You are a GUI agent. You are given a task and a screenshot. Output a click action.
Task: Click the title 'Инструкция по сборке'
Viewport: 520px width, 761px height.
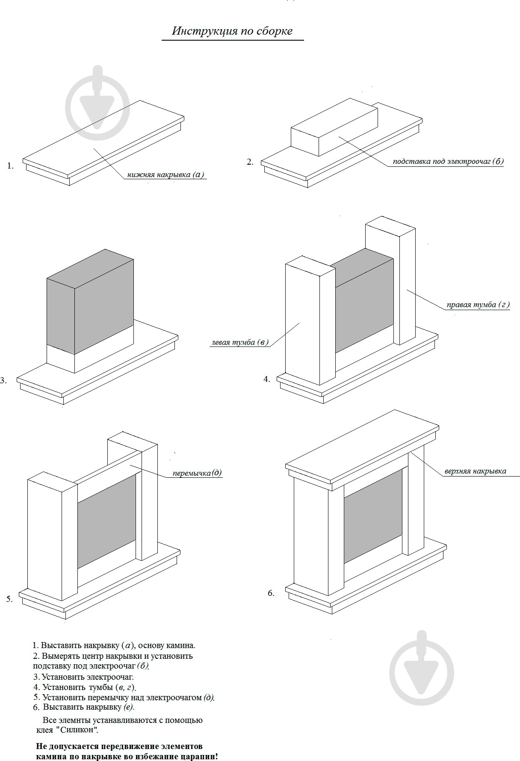(x=232, y=31)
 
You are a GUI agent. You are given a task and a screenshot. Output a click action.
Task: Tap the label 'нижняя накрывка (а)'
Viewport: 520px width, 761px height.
(x=166, y=175)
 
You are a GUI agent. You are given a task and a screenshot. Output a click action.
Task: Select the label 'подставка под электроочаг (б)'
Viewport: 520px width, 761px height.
(x=448, y=162)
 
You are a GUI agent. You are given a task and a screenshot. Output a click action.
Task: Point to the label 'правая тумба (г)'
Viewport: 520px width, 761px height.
(x=478, y=305)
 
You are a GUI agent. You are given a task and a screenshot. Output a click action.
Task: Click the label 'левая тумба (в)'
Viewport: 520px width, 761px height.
(x=240, y=342)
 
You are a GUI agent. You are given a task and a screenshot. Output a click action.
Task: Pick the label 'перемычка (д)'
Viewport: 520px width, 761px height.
(x=197, y=473)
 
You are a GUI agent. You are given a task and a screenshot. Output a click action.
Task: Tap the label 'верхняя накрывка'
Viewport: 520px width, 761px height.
(x=475, y=471)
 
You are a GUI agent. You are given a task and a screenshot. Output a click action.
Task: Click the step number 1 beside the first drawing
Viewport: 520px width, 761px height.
(x=10, y=166)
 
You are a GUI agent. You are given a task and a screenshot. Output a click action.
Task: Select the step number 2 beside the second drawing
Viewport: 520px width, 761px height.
(x=250, y=162)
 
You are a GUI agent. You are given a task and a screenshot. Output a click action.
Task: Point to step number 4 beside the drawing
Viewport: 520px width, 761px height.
(x=266, y=379)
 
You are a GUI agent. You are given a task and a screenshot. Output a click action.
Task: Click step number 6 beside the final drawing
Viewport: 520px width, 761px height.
(x=271, y=593)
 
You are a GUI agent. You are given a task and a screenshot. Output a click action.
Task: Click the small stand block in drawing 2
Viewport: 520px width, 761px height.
(x=334, y=126)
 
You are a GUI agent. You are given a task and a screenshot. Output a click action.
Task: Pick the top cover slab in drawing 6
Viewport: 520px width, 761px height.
(x=361, y=445)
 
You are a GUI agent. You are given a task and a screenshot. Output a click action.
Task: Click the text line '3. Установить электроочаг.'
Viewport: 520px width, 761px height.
(x=83, y=677)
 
